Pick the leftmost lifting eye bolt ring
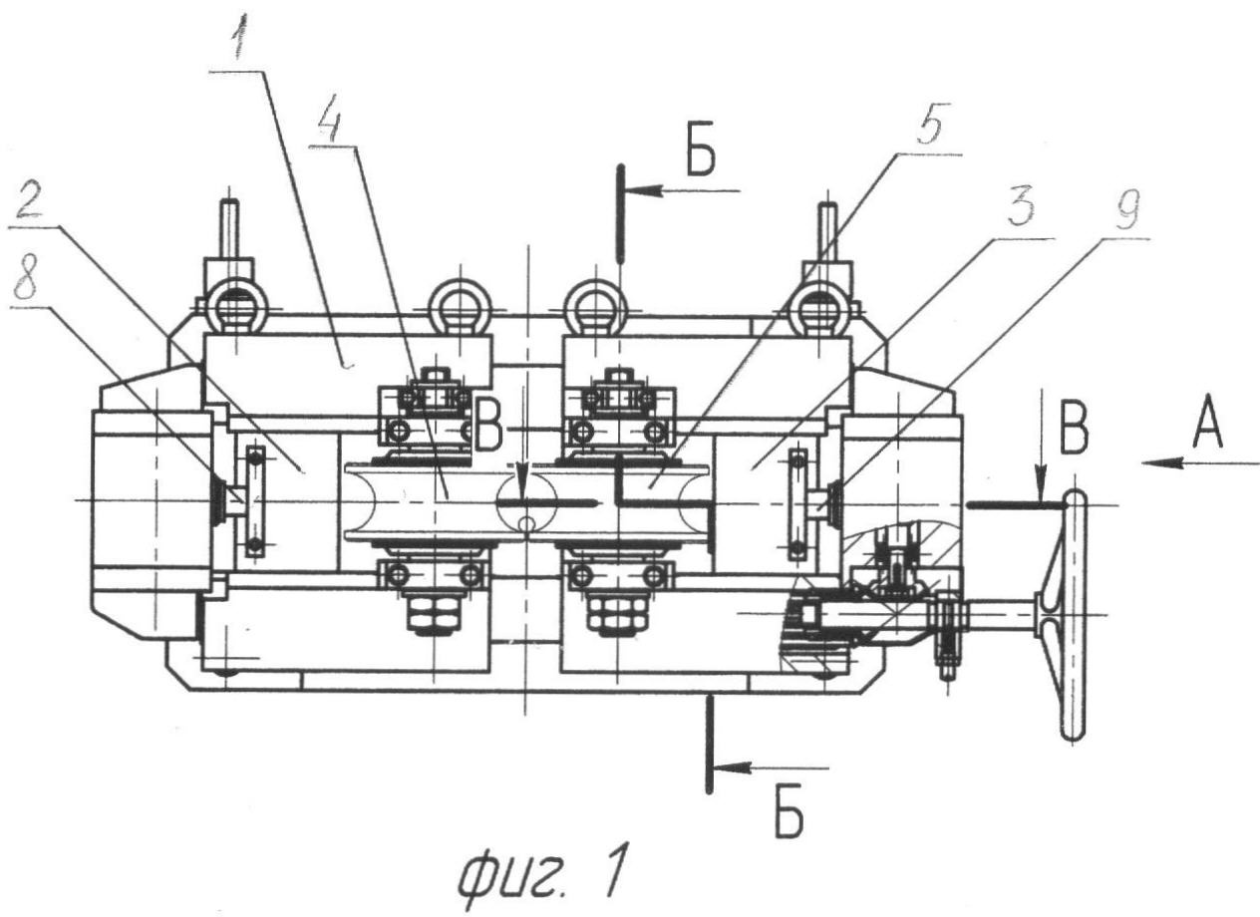(x=231, y=311)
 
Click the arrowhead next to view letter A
(x=1156, y=461)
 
